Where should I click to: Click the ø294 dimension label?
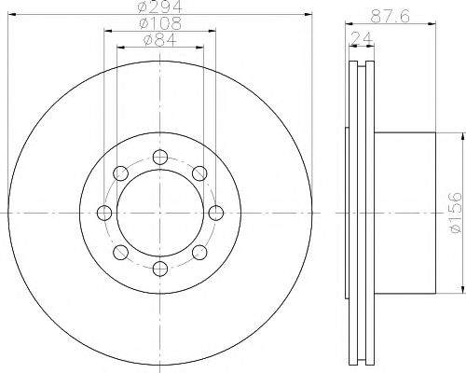pyautogui.click(x=159, y=7)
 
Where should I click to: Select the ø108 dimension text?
pyautogui.click(x=160, y=23)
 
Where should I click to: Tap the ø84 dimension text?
pyautogui.click(x=160, y=39)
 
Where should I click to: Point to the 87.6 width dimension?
pyautogui.click(x=391, y=16)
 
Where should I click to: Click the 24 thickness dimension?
pyautogui.click(x=362, y=38)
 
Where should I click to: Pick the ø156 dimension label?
pyautogui.click(x=456, y=213)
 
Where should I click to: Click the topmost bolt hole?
pyautogui.click(x=160, y=157)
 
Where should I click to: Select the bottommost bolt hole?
pyautogui.click(x=160, y=269)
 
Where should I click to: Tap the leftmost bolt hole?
pyautogui.click(x=104, y=213)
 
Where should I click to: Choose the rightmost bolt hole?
pyautogui.click(x=216, y=213)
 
